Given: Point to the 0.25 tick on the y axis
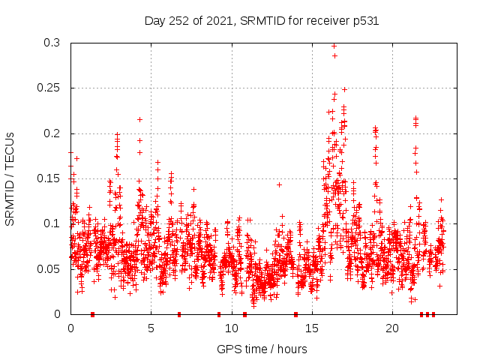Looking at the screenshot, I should click(x=52, y=88).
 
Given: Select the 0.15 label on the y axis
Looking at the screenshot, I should click(x=52, y=178).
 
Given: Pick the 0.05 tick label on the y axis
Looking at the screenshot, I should click(x=52, y=268).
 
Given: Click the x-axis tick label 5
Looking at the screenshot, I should click(x=151, y=328).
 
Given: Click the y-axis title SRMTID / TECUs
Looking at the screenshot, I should click(x=10, y=178).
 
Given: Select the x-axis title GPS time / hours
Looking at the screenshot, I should click(x=262, y=349).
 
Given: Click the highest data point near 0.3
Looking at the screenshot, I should click(x=334, y=46).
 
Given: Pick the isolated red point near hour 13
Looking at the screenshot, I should click(x=279, y=184).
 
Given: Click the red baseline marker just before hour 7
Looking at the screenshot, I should click(x=179, y=314).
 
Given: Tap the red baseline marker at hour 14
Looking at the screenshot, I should click(x=295, y=314).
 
